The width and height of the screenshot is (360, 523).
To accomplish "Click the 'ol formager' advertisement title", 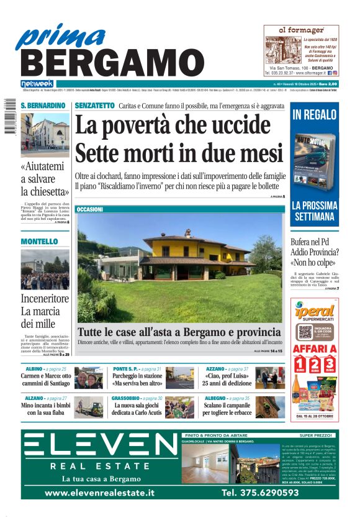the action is [301, 30].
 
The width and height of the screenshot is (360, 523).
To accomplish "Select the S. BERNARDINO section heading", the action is [43, 106].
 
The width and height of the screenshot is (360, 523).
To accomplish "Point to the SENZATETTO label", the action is [94, 106].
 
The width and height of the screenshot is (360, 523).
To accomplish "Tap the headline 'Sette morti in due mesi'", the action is [178, 152].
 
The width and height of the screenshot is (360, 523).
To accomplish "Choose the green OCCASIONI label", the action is [90, 209].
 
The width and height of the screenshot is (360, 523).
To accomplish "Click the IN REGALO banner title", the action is [315, 114].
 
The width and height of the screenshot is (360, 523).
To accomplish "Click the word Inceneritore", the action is [45, 298].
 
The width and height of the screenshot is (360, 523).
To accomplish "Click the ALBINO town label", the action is [30, 369].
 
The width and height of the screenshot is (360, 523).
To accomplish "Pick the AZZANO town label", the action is [217, 369].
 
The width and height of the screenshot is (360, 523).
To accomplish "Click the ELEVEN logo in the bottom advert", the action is [101, 445].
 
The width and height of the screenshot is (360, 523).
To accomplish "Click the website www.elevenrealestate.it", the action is [100, 493].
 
